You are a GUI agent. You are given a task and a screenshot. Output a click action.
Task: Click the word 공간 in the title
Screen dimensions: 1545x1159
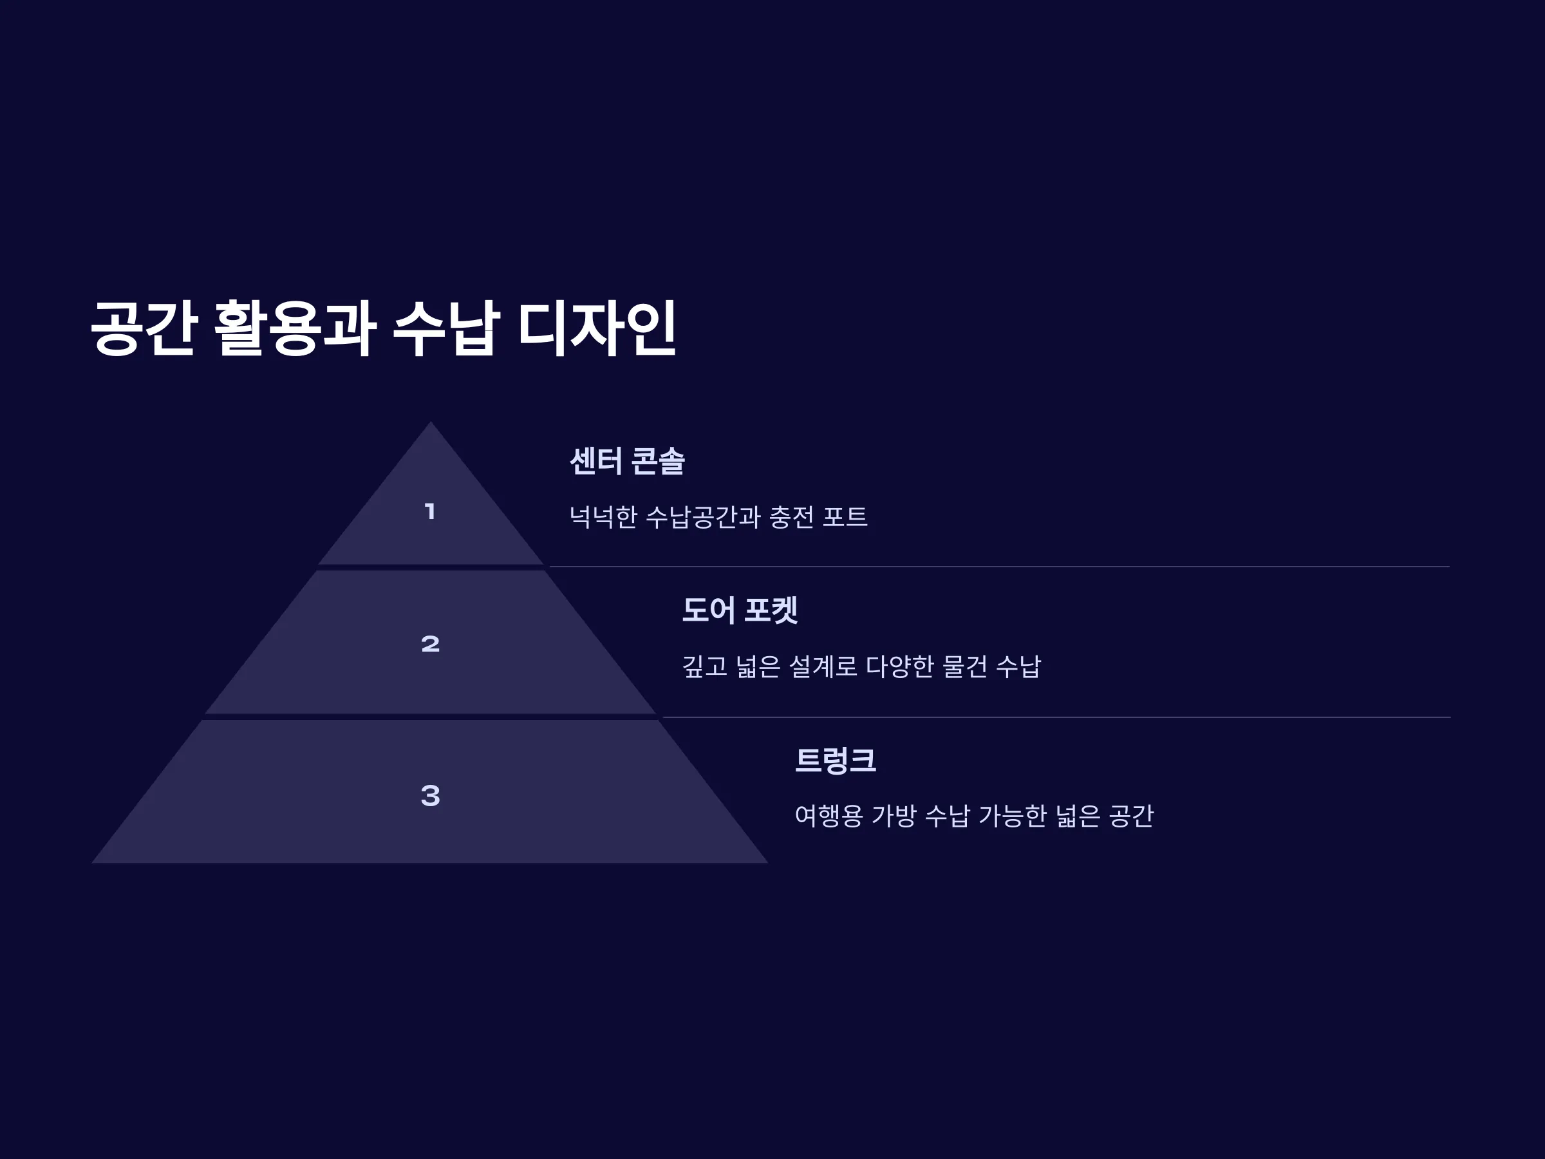142,328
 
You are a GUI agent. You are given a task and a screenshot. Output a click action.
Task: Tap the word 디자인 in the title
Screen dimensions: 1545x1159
597,328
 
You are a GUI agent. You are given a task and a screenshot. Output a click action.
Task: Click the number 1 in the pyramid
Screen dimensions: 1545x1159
430,511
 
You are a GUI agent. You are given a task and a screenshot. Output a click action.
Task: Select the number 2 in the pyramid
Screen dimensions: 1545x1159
430,643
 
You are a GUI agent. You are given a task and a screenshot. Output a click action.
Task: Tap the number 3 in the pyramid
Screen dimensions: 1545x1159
430,795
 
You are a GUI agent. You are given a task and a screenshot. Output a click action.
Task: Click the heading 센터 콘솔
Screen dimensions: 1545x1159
627,461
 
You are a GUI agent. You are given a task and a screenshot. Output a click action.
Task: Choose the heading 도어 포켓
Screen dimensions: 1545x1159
740,610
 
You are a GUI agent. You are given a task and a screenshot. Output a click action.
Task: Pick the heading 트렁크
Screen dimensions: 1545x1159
836,760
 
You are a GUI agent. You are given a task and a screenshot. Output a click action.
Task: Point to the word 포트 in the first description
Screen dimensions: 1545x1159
845,517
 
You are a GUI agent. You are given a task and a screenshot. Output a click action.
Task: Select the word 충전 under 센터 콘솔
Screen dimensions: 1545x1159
791,517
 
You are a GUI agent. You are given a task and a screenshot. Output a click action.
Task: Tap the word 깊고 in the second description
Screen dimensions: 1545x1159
705,666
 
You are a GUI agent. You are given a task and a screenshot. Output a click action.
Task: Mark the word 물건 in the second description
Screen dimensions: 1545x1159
964,666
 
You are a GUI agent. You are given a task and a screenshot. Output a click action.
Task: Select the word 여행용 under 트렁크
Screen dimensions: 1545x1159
829,815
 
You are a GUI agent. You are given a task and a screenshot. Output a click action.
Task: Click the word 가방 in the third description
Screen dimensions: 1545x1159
894,815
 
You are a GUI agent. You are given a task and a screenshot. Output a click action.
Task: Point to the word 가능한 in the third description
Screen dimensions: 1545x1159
1012,815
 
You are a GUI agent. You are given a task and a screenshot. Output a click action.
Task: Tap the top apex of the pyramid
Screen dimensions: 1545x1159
430,421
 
